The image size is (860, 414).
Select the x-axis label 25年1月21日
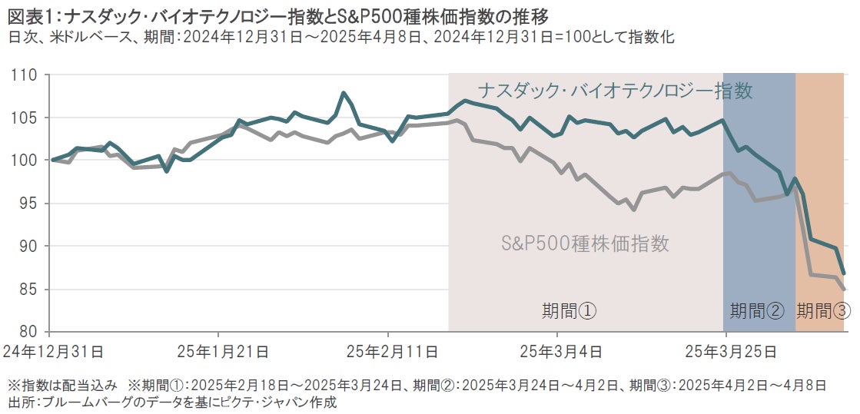click(223, 352)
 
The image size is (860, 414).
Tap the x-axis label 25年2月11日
click(392, 352)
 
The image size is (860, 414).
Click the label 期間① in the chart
click(569, 311)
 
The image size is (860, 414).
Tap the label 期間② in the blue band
click(757, 311)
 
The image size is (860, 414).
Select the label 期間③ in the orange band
click(823, 311)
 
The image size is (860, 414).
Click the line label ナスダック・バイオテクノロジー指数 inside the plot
click(615, 91)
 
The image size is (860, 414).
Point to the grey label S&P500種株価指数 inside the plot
click(585, 244)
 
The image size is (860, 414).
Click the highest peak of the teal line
click(343, 93)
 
